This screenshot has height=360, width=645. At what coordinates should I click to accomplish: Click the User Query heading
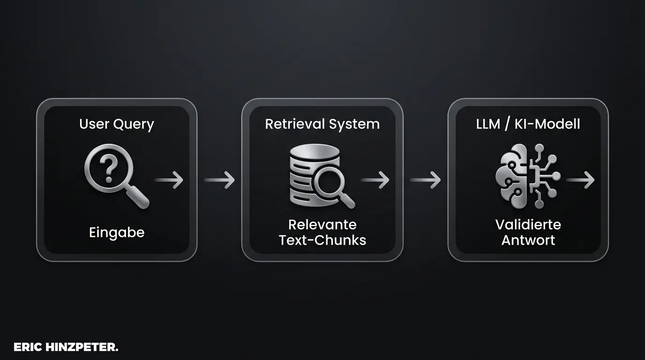(116, 124)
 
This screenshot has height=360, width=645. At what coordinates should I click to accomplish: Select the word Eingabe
(116, 232)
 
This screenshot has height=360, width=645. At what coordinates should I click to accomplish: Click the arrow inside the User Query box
(169, 180)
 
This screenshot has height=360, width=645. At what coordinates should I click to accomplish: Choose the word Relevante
(322, 225)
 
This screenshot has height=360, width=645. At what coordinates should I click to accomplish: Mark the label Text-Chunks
(322, 240)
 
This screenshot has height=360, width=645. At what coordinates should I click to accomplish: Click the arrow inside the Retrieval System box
(376, 180)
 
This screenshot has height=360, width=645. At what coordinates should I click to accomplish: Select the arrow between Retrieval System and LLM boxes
(425, 180)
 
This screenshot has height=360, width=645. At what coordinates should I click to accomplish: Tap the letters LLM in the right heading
(487, 124)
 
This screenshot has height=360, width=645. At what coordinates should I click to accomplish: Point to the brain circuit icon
(527, 176)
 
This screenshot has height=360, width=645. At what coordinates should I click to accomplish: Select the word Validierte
(528, 225)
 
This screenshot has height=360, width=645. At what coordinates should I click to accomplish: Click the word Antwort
(528, 240)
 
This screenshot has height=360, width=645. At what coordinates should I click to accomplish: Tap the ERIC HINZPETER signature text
(66, 347)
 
